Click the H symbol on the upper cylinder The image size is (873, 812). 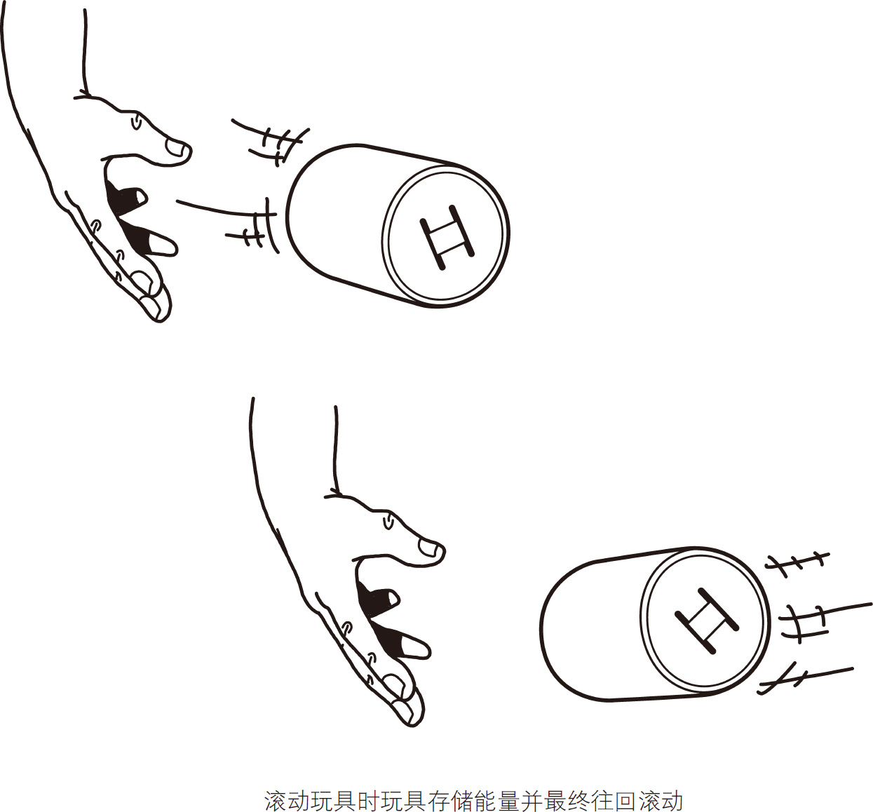coord(447,238)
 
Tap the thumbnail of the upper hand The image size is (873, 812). coord(175,148)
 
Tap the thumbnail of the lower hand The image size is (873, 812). coord(428,548)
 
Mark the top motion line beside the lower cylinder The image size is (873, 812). coord(797,561)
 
